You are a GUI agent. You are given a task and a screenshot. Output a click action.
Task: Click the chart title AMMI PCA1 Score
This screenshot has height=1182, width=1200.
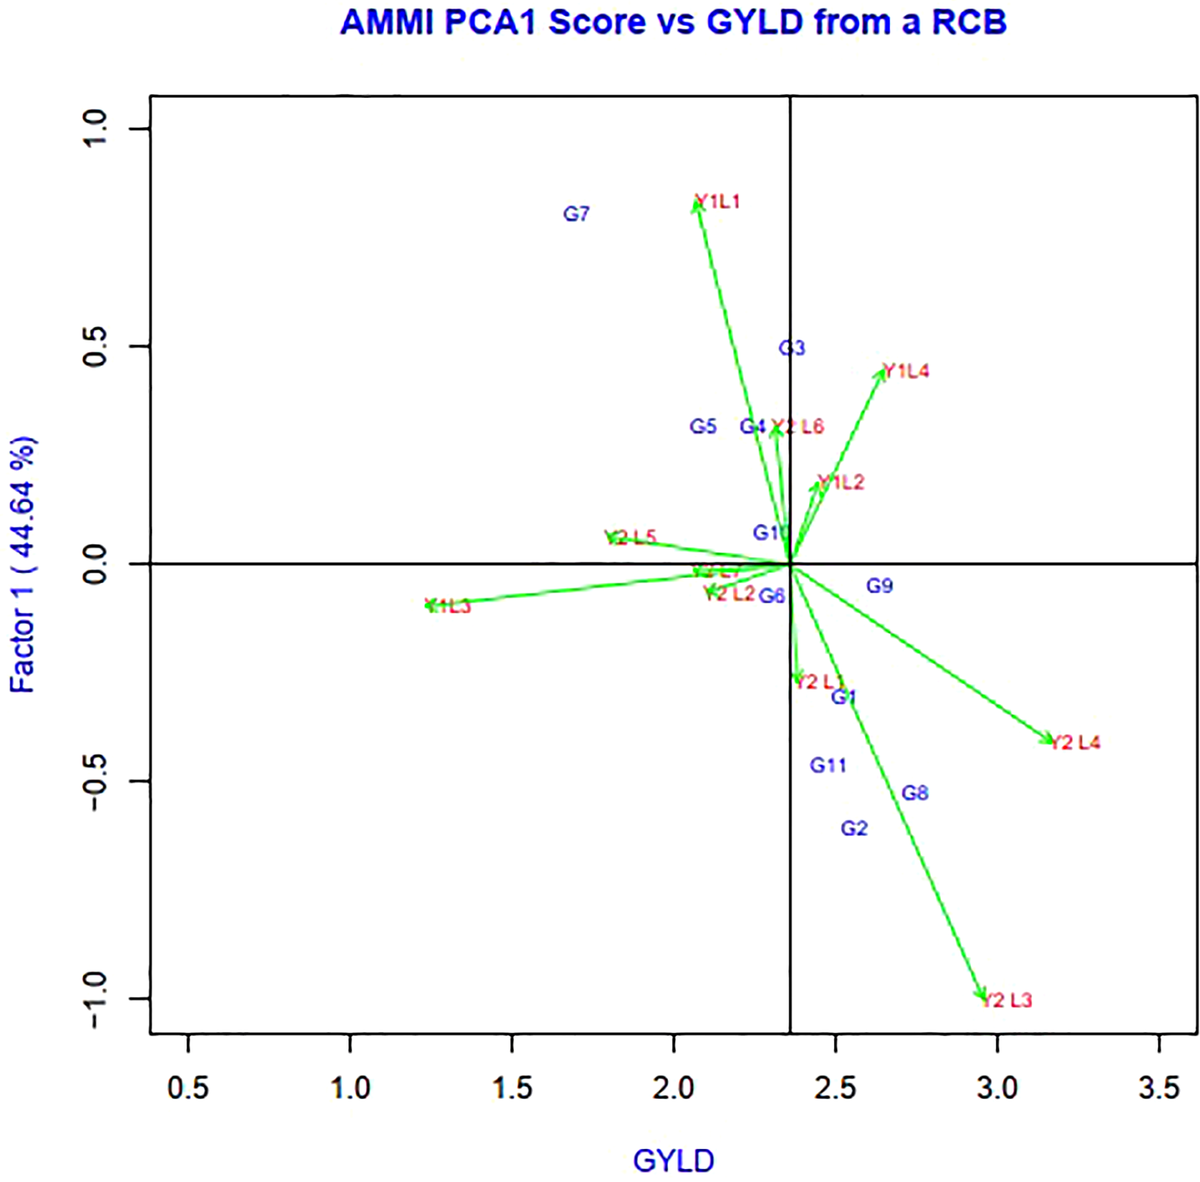point(673,22)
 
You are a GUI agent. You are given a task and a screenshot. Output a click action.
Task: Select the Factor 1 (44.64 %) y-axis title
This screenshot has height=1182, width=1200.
point(23,565)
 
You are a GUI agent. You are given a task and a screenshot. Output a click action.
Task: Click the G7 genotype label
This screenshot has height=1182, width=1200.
point(576,214)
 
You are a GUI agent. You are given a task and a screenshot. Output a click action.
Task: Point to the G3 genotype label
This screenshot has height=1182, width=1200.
point(792,348)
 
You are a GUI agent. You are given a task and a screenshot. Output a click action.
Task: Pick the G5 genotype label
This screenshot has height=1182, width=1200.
point(703,426)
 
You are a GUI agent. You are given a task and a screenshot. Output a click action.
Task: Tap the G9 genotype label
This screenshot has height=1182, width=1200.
point(879,586)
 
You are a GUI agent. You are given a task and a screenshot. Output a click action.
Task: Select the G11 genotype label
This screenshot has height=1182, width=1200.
point(828,765)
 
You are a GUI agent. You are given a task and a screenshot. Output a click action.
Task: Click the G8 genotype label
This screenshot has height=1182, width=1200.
point(915,793)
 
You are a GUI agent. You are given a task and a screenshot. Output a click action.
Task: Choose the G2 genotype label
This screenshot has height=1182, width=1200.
point(854,828)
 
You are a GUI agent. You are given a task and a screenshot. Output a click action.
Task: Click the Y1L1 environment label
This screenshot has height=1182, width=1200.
point(718,202)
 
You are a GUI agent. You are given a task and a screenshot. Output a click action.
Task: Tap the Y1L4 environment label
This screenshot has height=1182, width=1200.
point(906,371)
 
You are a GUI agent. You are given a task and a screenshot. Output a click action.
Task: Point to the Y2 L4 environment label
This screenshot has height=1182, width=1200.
point(1076,743)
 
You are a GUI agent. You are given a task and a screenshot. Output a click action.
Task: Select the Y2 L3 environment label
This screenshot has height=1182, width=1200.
point(1008,1001)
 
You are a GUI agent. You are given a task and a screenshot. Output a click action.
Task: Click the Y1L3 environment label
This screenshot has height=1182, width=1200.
point(449,606)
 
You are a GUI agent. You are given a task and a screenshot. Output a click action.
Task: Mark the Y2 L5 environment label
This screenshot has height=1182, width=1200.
point(630,538)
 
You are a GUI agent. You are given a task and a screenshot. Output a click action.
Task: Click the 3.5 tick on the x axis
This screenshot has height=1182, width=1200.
point(1159,1089)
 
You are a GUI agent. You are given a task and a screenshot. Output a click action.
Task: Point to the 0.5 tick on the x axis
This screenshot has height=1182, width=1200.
point(188,1089)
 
